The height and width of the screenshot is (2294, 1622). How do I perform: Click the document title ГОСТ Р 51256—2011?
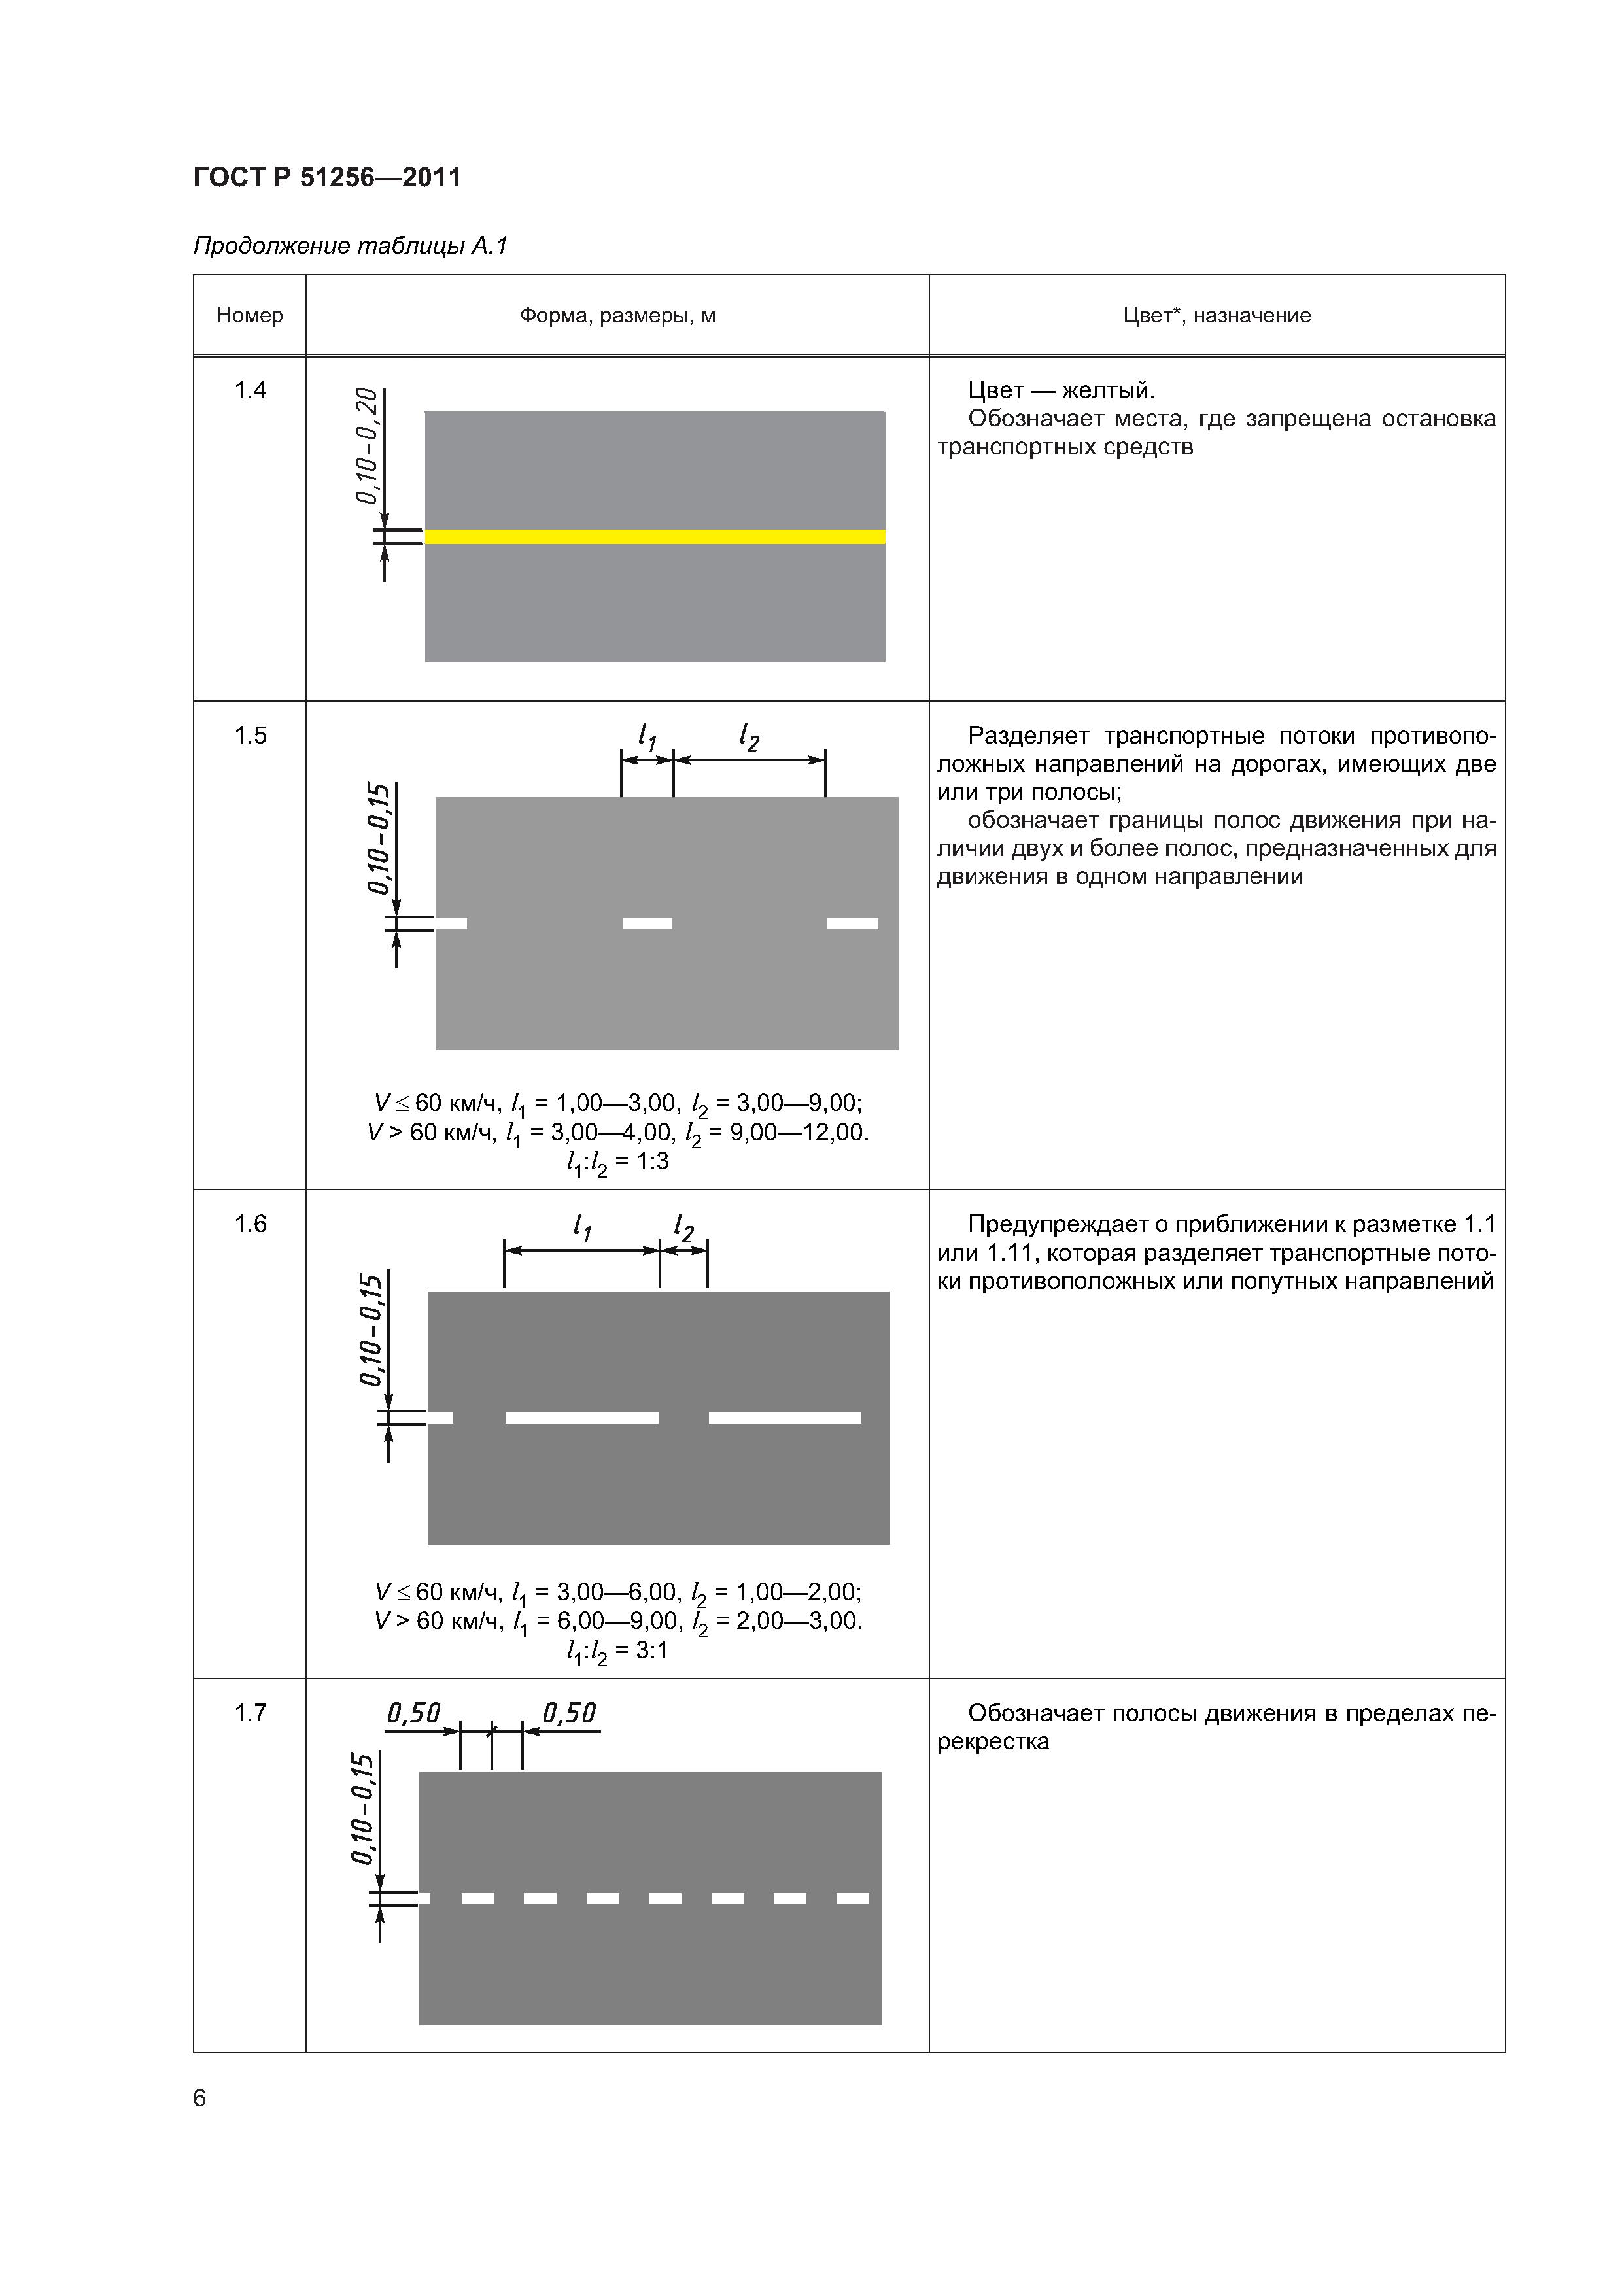[x=327, y=178]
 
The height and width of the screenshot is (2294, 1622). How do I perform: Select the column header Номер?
[x=250, y=316]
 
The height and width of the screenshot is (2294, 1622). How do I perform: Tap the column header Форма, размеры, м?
[x=617, y=316]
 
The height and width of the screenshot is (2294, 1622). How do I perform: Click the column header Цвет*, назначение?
[x=1216, y=316]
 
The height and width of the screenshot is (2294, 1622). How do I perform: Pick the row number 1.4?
[x=250, y=390]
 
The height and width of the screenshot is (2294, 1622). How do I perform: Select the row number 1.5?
[x=250, y=736]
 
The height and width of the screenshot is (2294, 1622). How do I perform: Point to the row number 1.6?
[x=250, y=1224]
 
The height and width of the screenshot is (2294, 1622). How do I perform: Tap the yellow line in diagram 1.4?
[x=655, y=536]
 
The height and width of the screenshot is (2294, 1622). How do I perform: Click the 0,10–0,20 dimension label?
[x=367, y=445]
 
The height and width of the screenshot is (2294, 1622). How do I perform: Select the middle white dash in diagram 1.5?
[x=647, y=923]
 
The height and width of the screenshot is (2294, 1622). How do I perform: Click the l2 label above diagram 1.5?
[x=748, y=738]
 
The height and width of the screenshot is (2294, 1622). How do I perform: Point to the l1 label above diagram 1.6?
[x=581, y=1227]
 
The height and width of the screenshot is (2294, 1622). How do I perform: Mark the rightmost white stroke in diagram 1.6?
[x=785, y=1418]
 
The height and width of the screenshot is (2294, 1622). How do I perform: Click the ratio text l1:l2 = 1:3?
[x=617, y=1162]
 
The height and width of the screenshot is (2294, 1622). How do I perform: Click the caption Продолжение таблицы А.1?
[x=350, y=246]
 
